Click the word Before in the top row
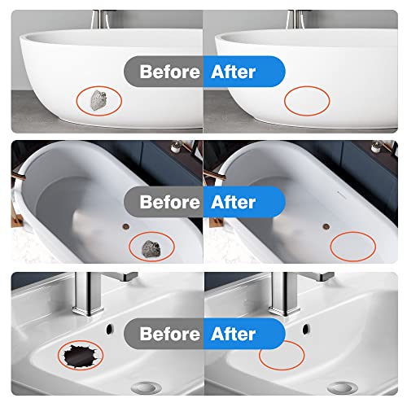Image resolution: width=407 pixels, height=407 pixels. pos(169,72)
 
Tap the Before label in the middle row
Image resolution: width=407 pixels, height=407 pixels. pos(169,200)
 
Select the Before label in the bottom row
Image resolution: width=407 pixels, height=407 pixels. pos(169,333)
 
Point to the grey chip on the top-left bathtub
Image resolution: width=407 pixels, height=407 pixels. pos(97,100)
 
